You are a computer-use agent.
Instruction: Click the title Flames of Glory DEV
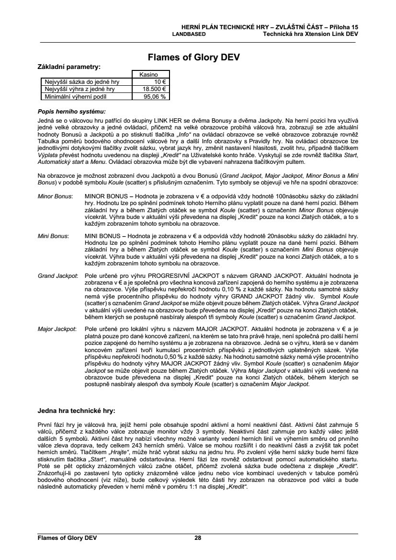(x=193, y=57)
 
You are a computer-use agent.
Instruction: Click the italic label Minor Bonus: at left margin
(x=55, y=196)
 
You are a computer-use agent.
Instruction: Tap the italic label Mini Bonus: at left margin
(x=53, y=236)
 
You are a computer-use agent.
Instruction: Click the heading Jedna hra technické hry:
(x=76, y=411)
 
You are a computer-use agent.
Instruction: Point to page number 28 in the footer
(x=198, y=538)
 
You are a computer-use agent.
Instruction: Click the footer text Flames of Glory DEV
(x=68, y=538)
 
